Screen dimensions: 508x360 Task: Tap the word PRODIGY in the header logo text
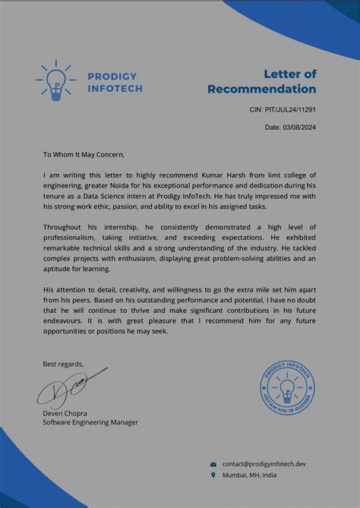112,77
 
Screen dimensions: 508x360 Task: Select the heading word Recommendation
261,89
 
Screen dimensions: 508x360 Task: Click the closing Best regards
63,364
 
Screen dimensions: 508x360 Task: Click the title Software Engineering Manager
90,422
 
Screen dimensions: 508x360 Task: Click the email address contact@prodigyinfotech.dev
264,463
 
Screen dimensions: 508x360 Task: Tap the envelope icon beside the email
213,463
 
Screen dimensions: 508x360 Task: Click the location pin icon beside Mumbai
213,475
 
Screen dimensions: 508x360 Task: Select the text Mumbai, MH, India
249,475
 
